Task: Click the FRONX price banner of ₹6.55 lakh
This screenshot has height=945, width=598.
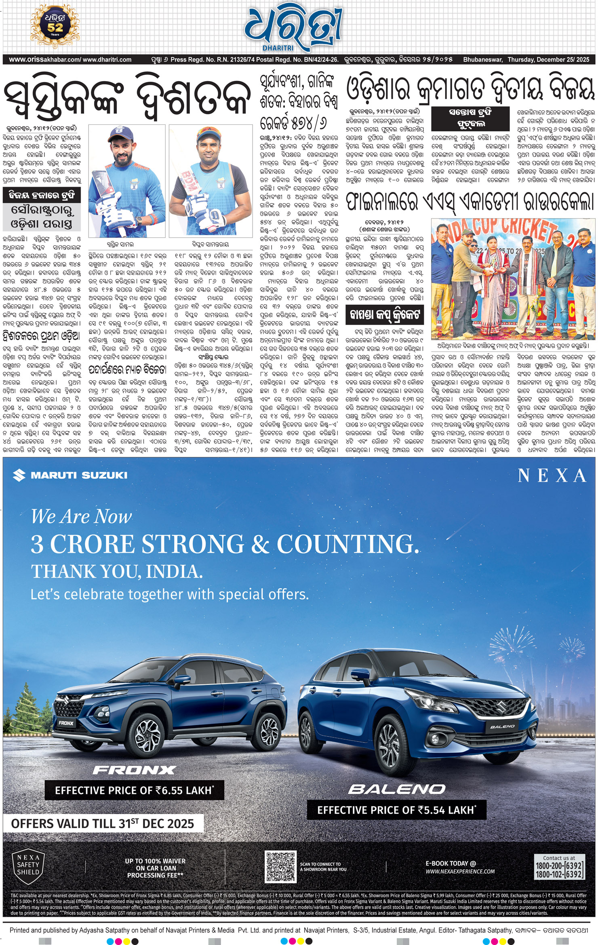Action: [x=134, y=790]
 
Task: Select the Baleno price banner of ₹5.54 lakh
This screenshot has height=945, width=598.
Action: [x=396, y=810]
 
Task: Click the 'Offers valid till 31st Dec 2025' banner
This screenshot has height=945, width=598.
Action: [x=103, y=823]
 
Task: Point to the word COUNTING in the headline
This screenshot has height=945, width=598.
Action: [x=347, y=544]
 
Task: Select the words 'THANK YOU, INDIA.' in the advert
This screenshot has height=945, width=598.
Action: [x=117, y=572]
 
